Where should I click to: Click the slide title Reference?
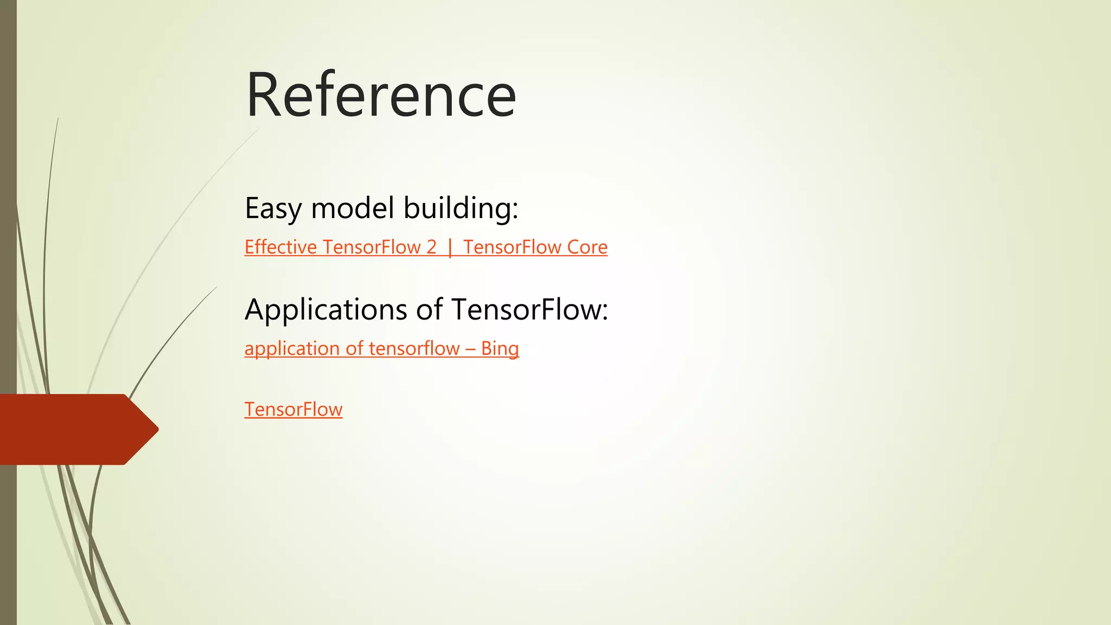click(x=381, y=95)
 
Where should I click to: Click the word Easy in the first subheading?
click(x=273, y=208)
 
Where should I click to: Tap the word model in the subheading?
click(x=353, y=208)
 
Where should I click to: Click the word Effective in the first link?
click(x=280, y=247)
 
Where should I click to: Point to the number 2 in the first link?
click(x=431, y=247)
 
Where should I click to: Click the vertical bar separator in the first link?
click(x=450, y=248)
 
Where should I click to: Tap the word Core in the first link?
click(x=587, y=247)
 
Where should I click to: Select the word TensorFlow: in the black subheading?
click(x=529, y=310)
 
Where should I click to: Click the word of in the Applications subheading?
click(x=430, y=310)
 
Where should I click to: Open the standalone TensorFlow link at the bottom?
click(x=293, y=410)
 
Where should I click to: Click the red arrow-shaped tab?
click(x=71, y=429)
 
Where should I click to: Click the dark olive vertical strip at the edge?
click(x=8, y=217)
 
